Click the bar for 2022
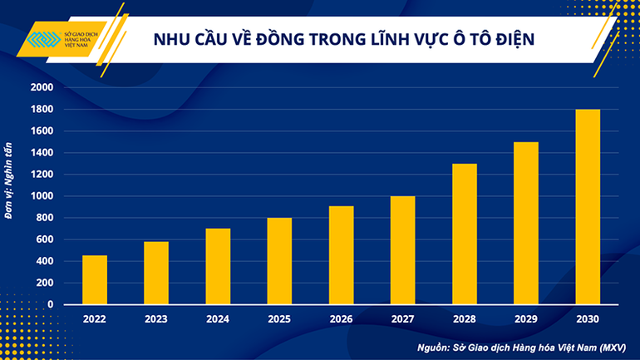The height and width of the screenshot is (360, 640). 95,279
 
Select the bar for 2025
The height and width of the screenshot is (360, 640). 279,261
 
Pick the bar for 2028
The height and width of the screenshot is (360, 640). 464,234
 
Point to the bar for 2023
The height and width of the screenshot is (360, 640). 156,273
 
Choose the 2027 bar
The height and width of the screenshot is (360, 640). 402,250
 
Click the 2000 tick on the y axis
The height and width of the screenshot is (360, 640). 41,87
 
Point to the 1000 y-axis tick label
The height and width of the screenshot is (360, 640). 41,196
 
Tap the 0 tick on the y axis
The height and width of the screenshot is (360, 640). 50,304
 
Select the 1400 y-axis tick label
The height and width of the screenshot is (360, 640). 41,153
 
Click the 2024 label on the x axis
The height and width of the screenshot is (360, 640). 218,318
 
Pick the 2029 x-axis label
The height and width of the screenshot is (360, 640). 525,318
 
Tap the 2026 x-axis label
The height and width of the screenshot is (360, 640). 341,318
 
